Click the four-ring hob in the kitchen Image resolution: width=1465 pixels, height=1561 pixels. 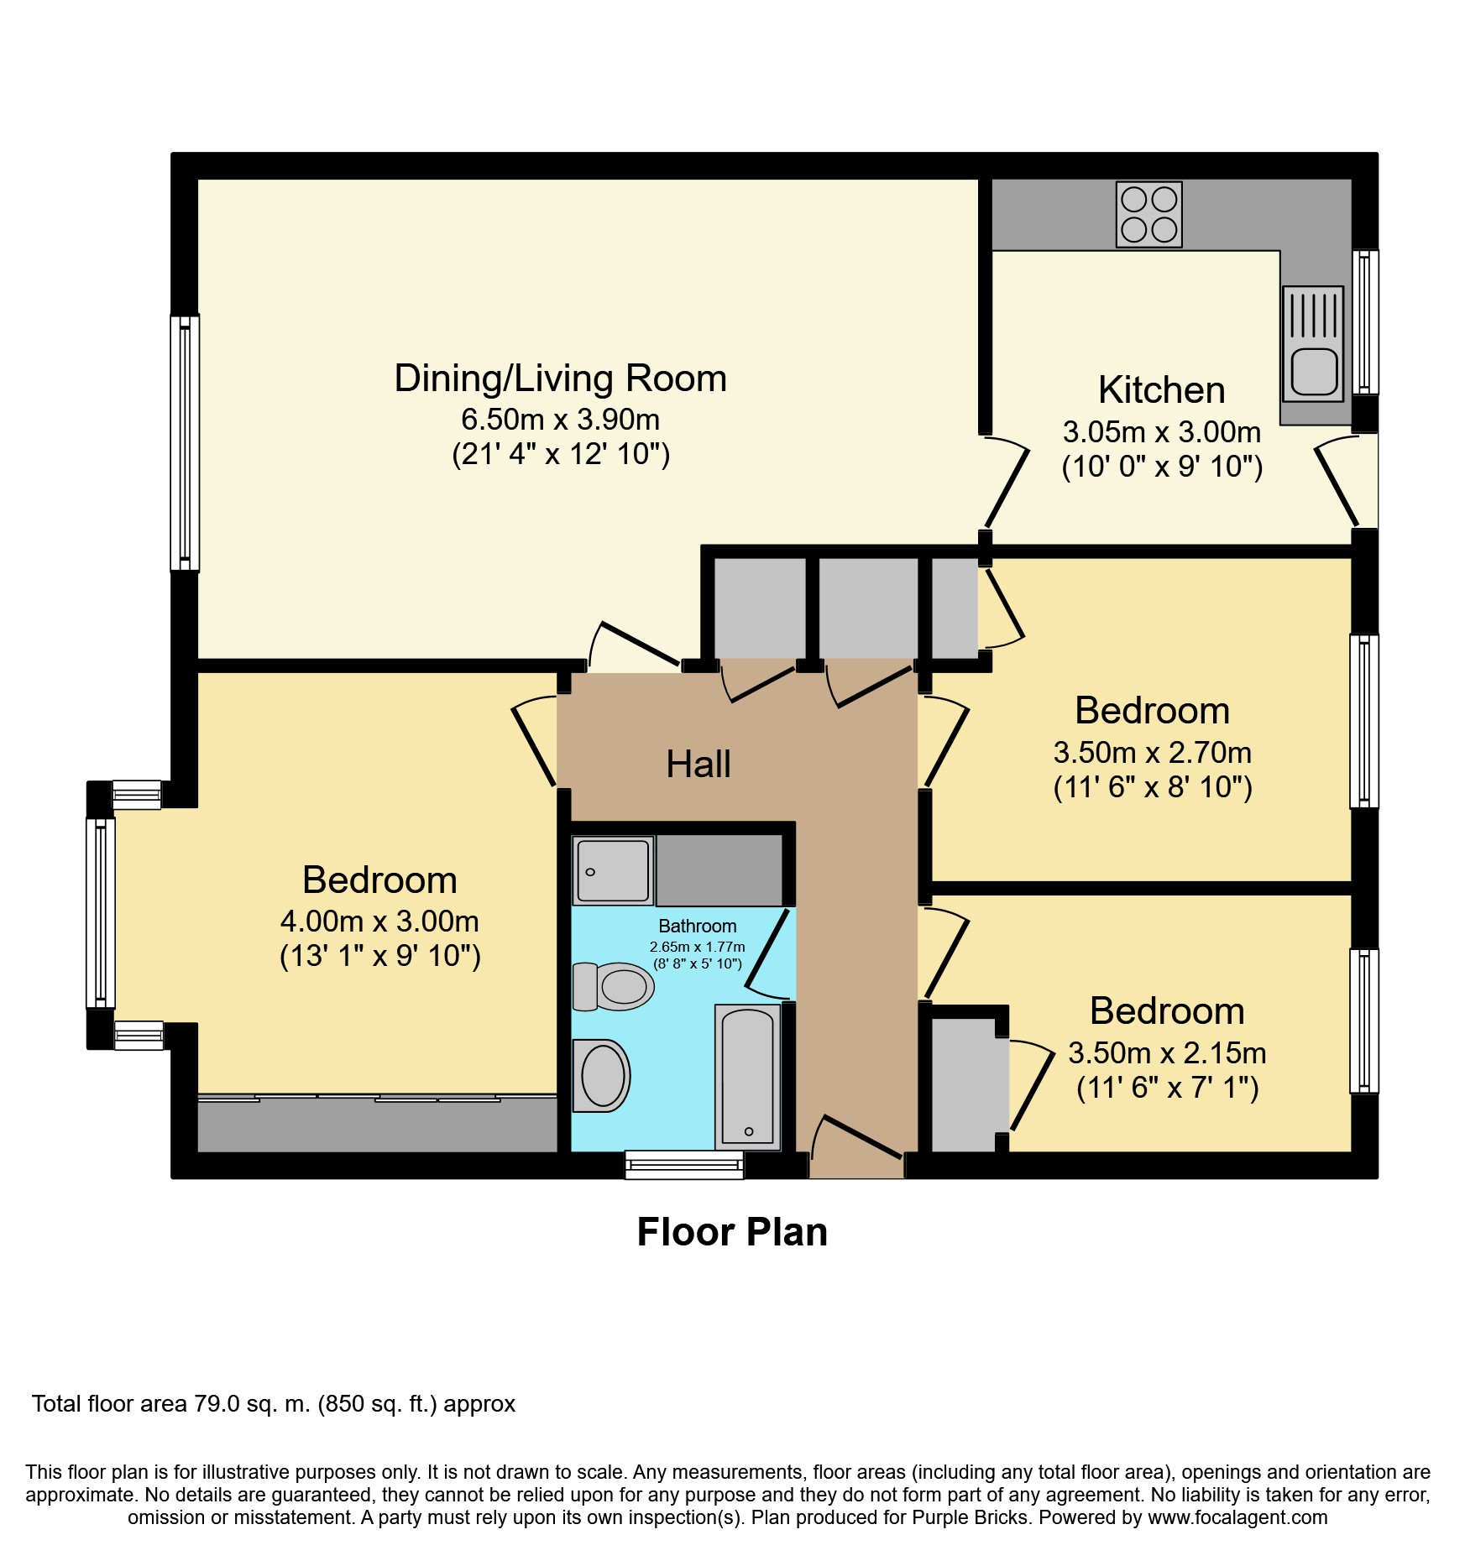pyautogui.click(x=1148, y=214)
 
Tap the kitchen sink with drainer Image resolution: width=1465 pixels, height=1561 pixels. pyautogui.click(x=1313, y=342)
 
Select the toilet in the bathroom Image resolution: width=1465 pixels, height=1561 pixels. pyautogui.click(x=613, y=986)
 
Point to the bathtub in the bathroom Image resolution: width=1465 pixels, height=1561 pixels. pyautogui.click(x=747, y=1077)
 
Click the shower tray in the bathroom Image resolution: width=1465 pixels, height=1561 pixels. pyautogui.click(x=613, y=870)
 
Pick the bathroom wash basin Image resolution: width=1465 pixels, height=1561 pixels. pyautogui.click(x=601, y=1076)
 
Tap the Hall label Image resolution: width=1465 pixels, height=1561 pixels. pyautogui.click(x=698, y=765)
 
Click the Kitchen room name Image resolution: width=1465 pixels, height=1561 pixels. pyautogui.click(x=1162, y=390)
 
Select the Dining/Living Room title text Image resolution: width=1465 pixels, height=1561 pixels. pyautogui.click(x=561, y=379)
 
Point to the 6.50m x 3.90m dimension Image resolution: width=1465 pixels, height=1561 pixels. pyautogui.click(x=561, y=419)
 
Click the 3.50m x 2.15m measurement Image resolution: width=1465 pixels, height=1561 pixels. pyautogui.click(x=1167, y=1052)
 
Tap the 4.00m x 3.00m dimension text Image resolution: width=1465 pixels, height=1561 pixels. pyautogui.click(x=379, y=921)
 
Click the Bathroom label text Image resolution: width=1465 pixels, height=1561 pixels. pyautogui.click(x=698, y=926)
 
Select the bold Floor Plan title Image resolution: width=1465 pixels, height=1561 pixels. pyautogui.click(x=732, y=1232)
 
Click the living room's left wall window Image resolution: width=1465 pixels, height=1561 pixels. pyautogui.click(x=185, y=443)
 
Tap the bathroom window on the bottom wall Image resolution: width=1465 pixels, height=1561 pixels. pyautogui.click(x=684, y=1165)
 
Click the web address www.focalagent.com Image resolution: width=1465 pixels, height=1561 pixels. pyautogui.click(x=1237, y=1517)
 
